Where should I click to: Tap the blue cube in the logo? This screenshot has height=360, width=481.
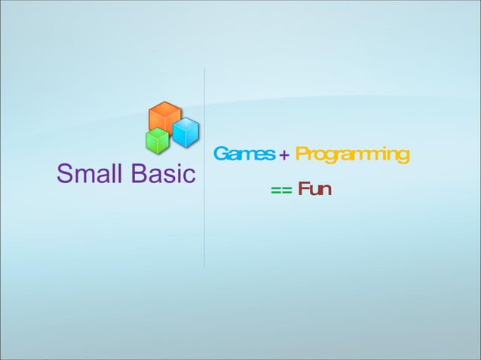coord(185,133)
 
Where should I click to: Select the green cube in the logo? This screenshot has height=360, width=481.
coord(157,140)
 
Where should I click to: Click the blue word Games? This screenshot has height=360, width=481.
coord(244,154)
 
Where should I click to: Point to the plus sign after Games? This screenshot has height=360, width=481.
coord(283,155)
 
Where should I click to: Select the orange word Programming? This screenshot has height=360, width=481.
coord(352,156)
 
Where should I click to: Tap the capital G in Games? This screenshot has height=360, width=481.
coord(220,154)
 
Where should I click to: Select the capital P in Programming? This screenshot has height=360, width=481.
coord(301,154)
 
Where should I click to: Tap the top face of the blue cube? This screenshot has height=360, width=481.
coord(186,123)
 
